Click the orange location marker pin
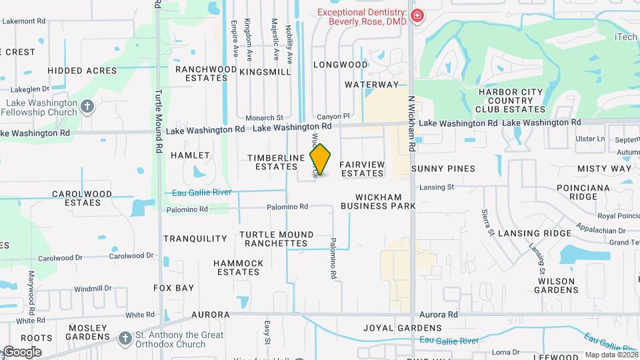click(x=321, y=159)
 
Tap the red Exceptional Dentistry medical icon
click(x=418, y=16)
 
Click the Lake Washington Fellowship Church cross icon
click(x=87, y=107)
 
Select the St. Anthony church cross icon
click(x=125, y=339)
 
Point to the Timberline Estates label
click(x=276, y=162)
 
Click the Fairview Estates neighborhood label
click(x=362, y=169)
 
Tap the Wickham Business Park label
click(x=378, y=201)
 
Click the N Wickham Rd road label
click(x=412, y=123)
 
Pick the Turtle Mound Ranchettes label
click(x=276, y=239)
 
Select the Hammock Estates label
click(x=239, y=267)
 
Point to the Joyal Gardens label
click(x=402, y=328)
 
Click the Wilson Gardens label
click(x=557, y=285)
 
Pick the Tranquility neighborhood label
click(x=195, y=239)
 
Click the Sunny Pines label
click(x=443, y=169)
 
